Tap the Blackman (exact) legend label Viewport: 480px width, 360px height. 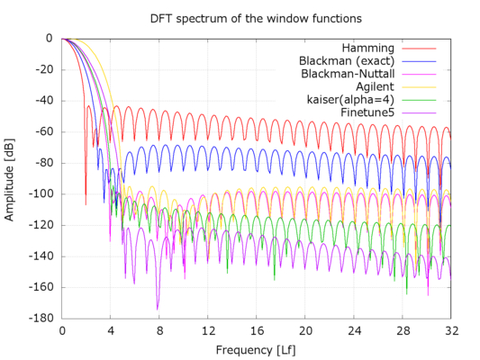point(343,60)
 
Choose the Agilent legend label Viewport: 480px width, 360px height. point(370,86)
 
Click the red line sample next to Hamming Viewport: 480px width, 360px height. point(418,47)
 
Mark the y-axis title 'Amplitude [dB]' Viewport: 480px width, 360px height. point(10,176)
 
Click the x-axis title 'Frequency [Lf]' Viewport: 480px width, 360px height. point(256,348)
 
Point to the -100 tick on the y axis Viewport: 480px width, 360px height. point(42,193)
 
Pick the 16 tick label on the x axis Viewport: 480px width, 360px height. point(257,330)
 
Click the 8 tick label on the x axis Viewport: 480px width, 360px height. point(159,330)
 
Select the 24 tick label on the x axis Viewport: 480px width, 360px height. point(354,330)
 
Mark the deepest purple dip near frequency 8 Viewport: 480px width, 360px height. point(158,308)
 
